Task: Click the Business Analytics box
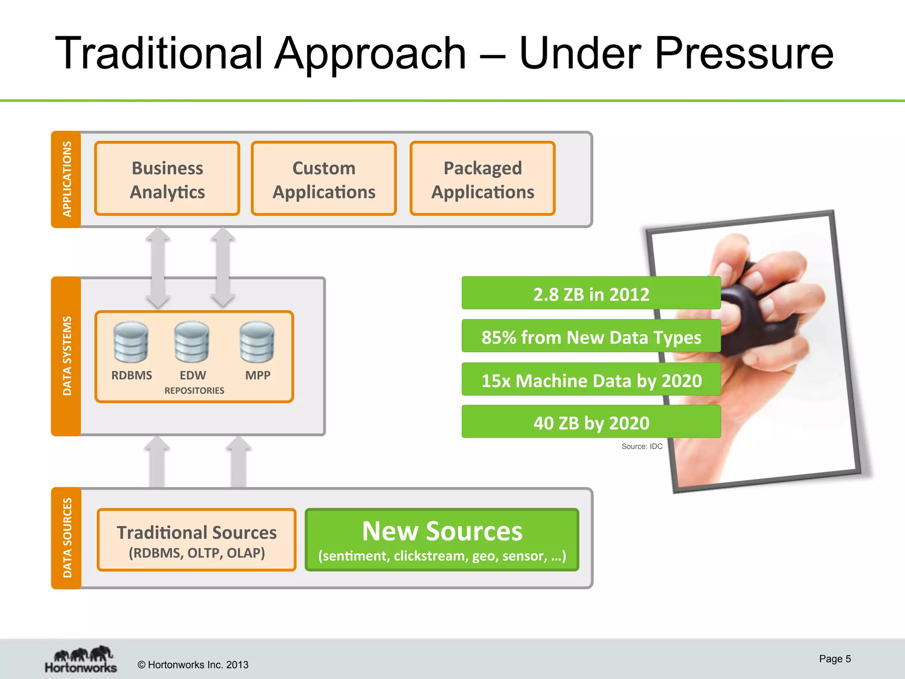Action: pos(167,179)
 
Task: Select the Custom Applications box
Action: pos(323,179)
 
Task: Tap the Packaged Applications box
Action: pos(482,179)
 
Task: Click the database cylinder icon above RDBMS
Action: pos(130,342)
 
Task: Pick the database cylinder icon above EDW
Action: pos(191,342)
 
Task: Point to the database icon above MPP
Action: pos(257,342)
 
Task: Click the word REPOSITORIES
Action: pos(194,391)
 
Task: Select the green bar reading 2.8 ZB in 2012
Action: pos(591,293)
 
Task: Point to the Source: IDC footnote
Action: pos(642,446)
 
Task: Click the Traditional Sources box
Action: pos(197,540)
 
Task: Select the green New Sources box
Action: pos(442,540)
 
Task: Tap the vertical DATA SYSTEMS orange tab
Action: pos(66,356)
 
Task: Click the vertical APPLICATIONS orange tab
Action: pos(66,179)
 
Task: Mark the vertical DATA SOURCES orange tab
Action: pos(66,538)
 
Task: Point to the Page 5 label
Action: pos(834,659)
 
